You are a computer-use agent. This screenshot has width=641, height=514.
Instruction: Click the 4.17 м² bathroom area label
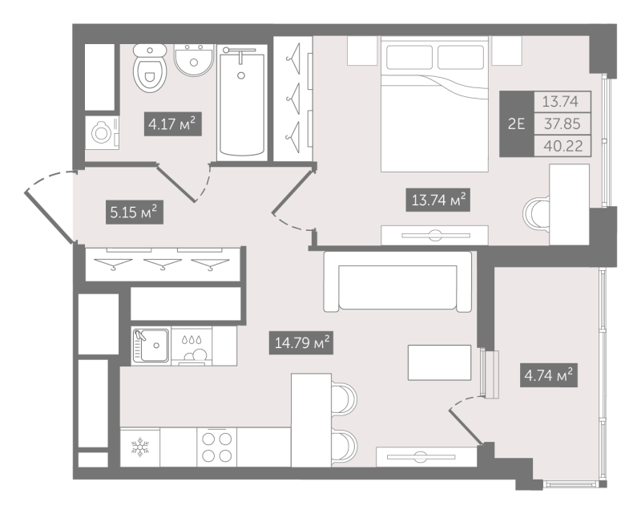(x=171, y=125)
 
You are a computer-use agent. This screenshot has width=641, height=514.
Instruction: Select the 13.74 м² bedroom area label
(x=437, y=200)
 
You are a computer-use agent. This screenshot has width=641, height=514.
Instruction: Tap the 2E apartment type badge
(x=517, y=123)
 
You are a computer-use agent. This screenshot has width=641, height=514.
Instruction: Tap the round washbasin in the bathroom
(x=192, y=60)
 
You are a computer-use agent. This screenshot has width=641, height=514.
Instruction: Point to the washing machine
(x=102, y=132)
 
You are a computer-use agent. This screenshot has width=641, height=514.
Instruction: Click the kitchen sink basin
(x=151, y=346)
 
